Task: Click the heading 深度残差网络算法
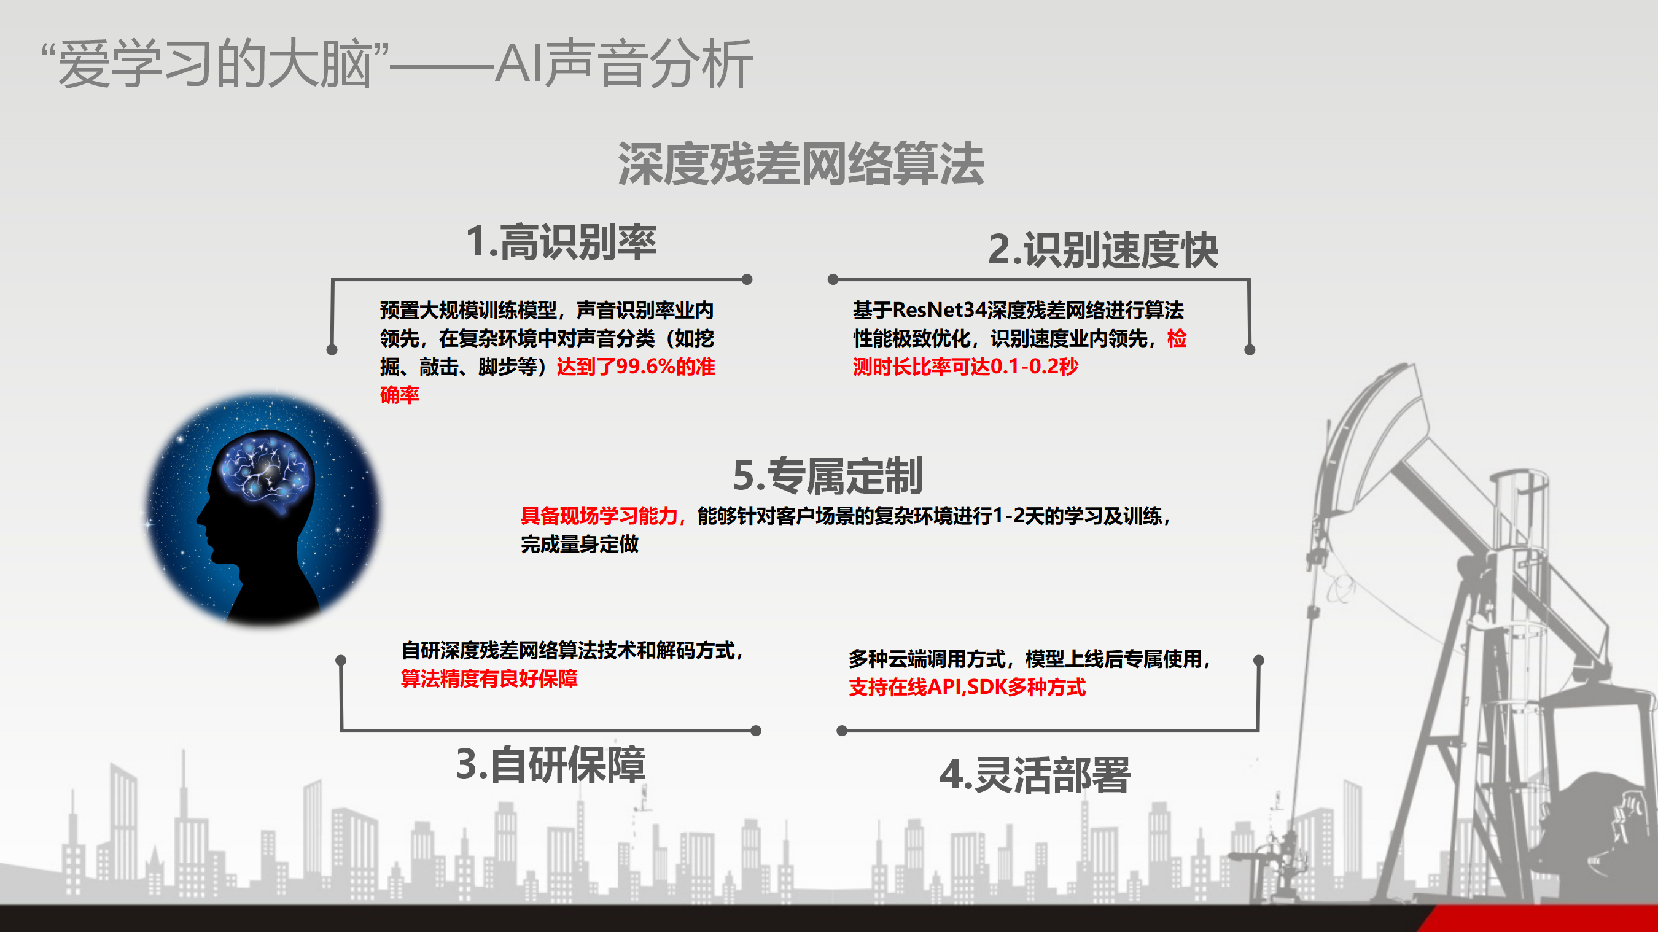[801, 164]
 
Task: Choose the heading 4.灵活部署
[1034, 775]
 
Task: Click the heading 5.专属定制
[828, 476]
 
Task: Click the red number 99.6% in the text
[645, 367]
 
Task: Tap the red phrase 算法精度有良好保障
[489, 678]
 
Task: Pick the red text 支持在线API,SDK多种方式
[967, 687]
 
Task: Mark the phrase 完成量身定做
[579, 545]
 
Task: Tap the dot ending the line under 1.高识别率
[747, 279]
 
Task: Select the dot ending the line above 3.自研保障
[757, 731]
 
